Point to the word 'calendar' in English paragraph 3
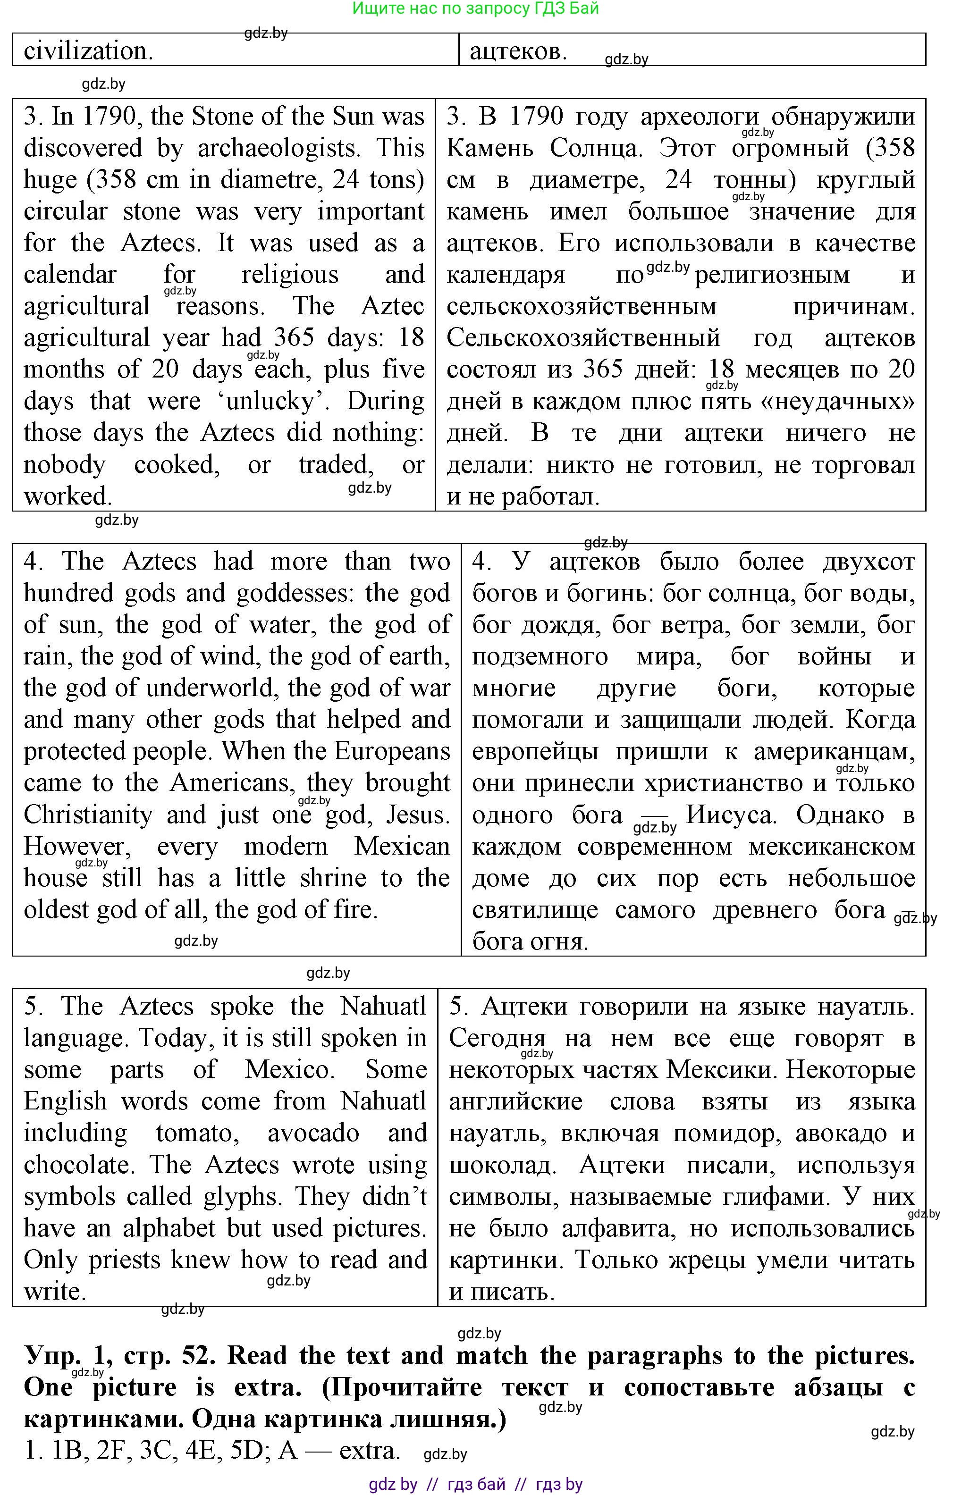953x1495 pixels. click(69, 275)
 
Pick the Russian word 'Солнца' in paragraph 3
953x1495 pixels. click(597, 148)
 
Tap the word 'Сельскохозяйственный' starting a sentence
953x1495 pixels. click(583, 338)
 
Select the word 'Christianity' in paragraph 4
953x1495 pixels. click(87, 815)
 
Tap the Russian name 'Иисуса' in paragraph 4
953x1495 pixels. click(731, 815)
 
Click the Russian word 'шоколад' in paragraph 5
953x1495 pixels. click(502, 1165)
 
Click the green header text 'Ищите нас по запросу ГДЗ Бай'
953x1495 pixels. click(476, 8)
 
